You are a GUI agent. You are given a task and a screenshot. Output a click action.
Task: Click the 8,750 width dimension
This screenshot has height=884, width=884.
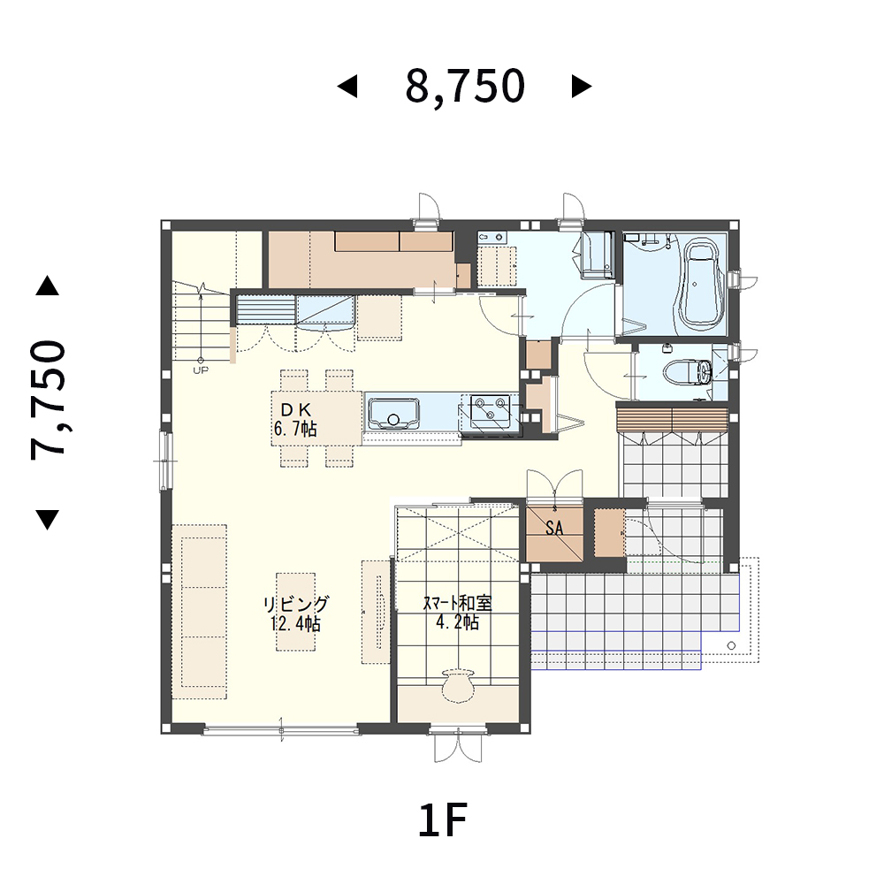[x=465, y=87]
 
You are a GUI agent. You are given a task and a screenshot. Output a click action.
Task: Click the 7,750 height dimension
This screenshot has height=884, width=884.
[x=48, y=400]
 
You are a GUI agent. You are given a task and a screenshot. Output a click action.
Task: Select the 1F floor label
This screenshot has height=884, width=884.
[x=443, y=821]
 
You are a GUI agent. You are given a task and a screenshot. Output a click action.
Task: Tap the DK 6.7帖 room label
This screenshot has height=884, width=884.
[x=295, y=419]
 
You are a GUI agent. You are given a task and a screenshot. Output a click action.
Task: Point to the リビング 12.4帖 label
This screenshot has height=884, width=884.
[x=295, y=613]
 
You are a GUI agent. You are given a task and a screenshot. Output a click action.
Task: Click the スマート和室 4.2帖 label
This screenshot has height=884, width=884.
[x=457, y=613]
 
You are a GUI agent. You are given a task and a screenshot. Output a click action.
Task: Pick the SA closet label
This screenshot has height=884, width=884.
[x=554, y=528]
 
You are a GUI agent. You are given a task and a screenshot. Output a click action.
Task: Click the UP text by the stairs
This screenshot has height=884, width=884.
[x=201, y=370]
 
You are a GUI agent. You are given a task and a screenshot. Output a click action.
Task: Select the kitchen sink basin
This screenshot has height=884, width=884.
[x=393, y=413]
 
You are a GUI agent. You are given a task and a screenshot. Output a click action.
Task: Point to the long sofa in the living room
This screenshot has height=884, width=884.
[x=199, y=613]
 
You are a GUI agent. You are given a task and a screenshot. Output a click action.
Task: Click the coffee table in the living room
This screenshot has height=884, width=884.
[x=295, y=613]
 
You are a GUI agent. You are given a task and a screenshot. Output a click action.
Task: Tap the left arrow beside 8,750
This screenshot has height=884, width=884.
[x=347, y=87]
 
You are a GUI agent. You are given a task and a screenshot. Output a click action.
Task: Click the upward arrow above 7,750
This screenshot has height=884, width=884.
[x=48, y=286]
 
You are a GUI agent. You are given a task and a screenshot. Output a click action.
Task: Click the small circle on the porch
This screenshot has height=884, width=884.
[x=732, y=645]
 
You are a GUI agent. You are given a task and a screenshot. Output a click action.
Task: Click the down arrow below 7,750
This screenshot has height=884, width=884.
[x=48, y=519]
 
